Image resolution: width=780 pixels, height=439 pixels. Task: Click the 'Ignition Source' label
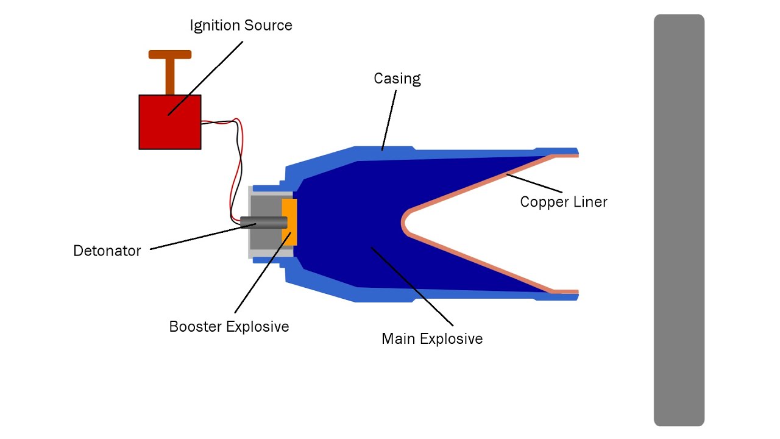[241, 26]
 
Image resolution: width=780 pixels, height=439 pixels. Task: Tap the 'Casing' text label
[397, 79]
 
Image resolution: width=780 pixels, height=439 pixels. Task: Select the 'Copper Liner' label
[564, 202]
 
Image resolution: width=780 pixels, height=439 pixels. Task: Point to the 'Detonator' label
[107, 251]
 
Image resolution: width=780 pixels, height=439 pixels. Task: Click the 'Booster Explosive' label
[229, 327]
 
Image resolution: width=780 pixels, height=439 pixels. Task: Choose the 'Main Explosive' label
[432, 338]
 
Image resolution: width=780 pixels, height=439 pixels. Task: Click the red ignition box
[170, 122]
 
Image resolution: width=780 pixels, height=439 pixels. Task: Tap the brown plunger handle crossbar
[170, 54]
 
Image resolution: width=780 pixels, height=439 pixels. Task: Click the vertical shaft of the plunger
[170, 77]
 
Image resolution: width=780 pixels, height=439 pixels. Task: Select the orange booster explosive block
[289, 222]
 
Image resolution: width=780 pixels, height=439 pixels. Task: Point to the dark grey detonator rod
[264, 223]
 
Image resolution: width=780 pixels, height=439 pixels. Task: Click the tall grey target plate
[679, 220]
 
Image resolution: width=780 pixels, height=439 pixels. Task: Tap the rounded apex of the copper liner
[404, 223]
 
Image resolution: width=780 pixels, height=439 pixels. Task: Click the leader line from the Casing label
[389, 120]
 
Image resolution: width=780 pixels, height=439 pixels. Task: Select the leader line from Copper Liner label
[534, 184]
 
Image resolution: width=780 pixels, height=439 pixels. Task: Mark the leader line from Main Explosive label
[412, 287]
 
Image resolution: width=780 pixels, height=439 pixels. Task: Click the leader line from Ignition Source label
[205, 79]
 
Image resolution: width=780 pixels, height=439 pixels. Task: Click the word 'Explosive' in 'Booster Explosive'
[258, 327]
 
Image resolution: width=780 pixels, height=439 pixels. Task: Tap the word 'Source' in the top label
[268, 26]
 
